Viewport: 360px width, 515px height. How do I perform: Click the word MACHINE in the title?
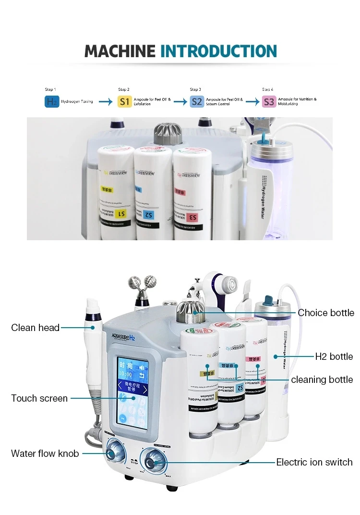[x=120, y=51]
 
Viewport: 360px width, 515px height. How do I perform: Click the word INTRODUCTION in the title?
[x=218, y=51]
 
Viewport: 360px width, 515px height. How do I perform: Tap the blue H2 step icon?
[x=52, y=101]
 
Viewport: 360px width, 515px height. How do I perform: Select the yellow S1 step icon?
[x=125, y=101]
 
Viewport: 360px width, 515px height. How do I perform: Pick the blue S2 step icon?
[x=196, y=101]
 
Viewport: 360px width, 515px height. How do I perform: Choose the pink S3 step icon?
[x=269, y=101]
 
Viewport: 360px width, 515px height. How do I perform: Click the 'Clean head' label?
[x=36, y=328]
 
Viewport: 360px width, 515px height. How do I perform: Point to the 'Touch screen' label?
[x=39, y=398]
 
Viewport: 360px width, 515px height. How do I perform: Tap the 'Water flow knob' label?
[x=45, y=454]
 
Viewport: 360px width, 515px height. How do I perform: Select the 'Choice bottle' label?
[x=326, y=313]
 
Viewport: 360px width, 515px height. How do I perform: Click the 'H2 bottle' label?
[x=334, y=356]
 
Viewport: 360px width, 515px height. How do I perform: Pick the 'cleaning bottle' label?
[x=322, y=380]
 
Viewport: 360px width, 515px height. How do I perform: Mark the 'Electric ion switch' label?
[x=314, y=462]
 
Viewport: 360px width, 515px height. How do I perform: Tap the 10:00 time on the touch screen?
[x=126, y=374]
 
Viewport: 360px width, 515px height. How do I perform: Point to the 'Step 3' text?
[x=195, y=89]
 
